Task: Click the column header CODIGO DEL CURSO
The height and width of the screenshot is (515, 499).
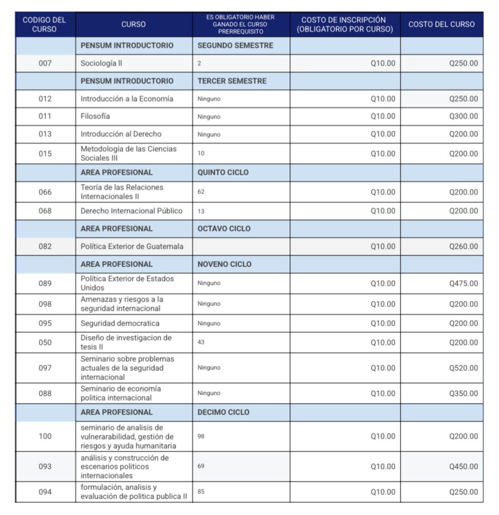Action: tap(45, 25)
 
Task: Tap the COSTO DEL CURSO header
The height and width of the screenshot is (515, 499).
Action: tap(441, 25)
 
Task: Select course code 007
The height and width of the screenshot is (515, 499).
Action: tap(45, 63)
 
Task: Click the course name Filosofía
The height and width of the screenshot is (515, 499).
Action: tap(95, 116)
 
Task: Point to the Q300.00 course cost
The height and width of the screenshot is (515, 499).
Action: tap(463, 116)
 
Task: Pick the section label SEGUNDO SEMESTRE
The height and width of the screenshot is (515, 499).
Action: tap(235, 46)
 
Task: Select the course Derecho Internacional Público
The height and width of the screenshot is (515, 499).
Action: tap(132, 211)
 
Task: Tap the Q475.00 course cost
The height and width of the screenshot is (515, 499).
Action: tap(463, 283)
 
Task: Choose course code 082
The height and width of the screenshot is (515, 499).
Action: tap(45, 246)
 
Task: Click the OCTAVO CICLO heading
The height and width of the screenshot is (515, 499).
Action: tap(224, 229)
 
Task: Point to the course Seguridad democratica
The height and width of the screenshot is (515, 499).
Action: tap(120, 323)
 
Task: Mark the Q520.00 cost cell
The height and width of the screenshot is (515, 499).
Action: tap(463, 368)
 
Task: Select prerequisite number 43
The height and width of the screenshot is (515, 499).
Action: tap(201, 343)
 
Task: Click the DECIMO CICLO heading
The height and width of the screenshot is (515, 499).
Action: tap(224, 412)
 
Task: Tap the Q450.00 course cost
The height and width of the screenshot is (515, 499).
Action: tap(463, 466)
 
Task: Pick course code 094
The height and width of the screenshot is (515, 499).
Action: tap(45, 492)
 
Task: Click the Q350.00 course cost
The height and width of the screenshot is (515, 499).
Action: tap(463, 393)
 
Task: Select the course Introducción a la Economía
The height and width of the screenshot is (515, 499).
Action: tap(127, 99)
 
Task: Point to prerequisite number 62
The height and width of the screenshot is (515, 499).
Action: tap(201, 192)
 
